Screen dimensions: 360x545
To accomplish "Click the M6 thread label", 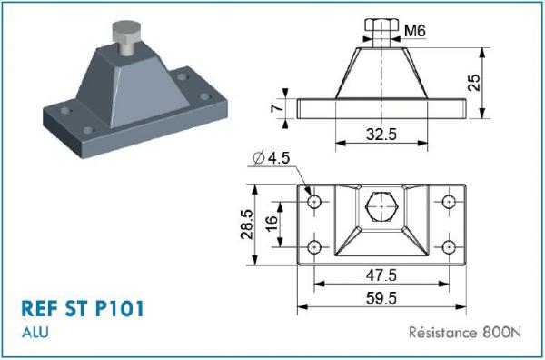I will tap(416, 32).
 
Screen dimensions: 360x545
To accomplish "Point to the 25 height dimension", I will tap(473, 83).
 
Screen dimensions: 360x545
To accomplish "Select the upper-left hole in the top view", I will tap(315, 200).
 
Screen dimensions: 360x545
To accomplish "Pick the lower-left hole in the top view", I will tap(315, 246).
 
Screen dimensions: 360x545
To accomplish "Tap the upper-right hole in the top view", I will tap(447, 200).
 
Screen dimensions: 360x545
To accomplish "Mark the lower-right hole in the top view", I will tap(447, 246).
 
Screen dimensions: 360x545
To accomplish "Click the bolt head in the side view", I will tap(381, 26).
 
